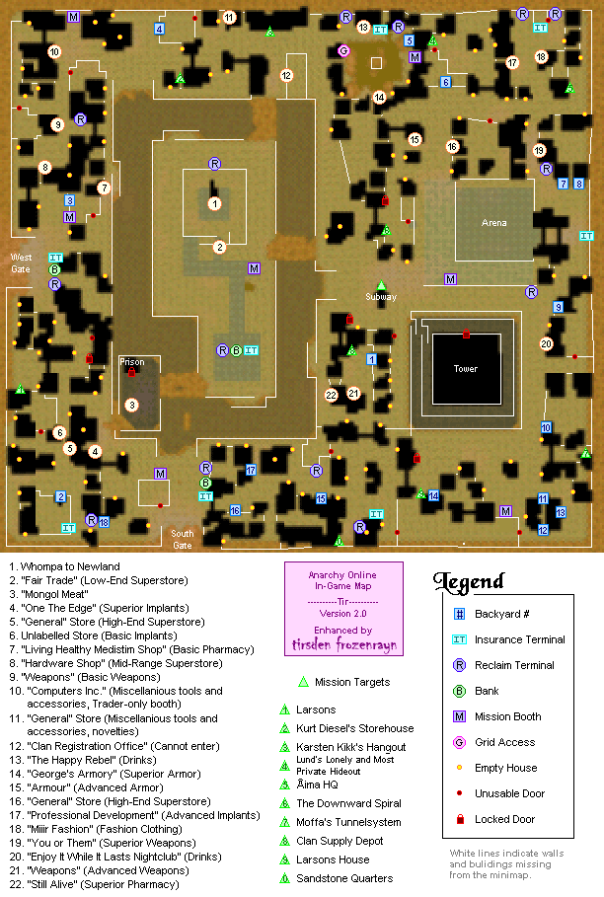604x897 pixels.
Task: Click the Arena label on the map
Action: [x=493, y=223]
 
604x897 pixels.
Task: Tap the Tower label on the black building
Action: [x=466, y=368]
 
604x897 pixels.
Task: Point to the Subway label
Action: [x=381, y=296]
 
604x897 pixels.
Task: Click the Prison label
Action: [x=131, y=362]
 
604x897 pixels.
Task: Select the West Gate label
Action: [x=21, y=262]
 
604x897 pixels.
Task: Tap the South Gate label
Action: [x=183, y=539]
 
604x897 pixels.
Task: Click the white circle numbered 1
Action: [x=214, y=203]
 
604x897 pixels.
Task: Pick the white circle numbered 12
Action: [x=286, y=75]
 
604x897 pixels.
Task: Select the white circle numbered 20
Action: [x=546, y=343]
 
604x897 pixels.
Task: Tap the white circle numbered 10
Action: [x=53, y=51]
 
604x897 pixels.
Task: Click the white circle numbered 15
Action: [x=415, y=139]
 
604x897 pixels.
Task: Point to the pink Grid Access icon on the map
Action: [x=343, y=50]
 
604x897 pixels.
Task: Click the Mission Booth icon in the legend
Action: [x=459, y=716]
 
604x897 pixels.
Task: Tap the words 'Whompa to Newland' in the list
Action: [x=71, y=566]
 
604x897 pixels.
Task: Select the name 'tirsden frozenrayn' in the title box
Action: [x=342, y=645]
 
